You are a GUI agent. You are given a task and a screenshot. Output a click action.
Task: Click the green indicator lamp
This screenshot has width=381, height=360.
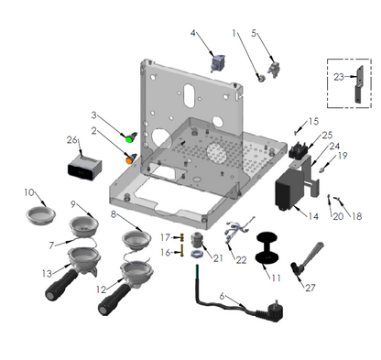tap(129, 139)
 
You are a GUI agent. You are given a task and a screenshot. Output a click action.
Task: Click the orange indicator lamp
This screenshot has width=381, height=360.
tap(129, 160)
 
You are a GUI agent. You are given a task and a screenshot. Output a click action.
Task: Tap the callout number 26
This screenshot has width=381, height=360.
tap(72, 140)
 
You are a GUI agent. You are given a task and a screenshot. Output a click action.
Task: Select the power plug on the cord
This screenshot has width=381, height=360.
tap(273, 311)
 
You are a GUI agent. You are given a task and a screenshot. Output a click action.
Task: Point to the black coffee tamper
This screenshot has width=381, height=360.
tap(267, 247)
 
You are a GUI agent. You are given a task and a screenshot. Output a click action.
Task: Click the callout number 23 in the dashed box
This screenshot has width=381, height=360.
tap(339, 77)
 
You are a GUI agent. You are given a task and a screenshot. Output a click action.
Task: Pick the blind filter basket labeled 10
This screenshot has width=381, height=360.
tap(40, 215)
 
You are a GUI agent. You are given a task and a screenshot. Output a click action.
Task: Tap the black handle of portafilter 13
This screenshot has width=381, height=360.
tap(61, 285)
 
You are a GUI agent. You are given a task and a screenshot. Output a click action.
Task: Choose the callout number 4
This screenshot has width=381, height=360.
tap(193, 33)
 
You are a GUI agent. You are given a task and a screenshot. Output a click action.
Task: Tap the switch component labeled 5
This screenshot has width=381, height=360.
tap(274, 71)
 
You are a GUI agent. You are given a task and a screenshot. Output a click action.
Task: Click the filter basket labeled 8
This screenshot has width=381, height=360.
tap(136, 238)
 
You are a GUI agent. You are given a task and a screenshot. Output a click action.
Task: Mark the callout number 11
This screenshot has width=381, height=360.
tap(276, 278)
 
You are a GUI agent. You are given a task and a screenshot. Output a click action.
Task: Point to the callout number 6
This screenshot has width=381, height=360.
tap(222, 296)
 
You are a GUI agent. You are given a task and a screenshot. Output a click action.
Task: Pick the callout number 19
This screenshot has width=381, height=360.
tap(343, 156)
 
